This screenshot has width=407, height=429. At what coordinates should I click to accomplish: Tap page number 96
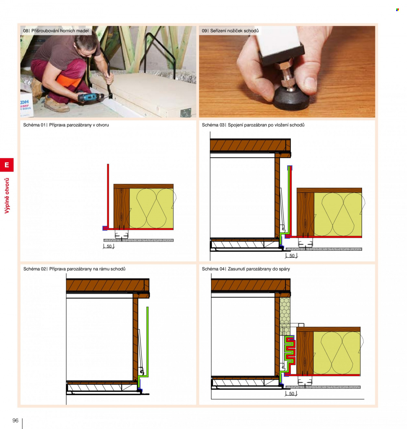point(16,420)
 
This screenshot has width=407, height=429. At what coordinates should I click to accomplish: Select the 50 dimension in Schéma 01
point(109,246)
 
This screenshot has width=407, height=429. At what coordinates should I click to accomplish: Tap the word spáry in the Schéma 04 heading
point(284,269)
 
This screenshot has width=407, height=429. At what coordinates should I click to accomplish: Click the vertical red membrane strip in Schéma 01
point(108,196)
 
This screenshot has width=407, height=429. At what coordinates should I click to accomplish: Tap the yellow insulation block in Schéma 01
point(151,208)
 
